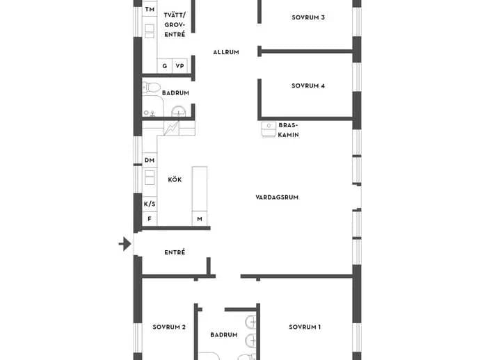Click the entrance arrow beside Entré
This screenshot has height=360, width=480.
125,244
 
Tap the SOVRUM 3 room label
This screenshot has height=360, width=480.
308,17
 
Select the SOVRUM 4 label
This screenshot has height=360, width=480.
308,85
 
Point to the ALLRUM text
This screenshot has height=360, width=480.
226,52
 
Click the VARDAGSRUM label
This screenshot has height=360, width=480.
277,197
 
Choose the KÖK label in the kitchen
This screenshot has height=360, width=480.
175,179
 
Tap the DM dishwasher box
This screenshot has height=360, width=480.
150,160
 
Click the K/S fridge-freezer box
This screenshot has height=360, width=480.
150,204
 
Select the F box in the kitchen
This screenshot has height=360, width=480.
150,219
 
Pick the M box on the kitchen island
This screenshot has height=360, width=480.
200,219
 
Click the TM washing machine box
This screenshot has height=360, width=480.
150,9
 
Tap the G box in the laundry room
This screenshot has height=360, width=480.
165,66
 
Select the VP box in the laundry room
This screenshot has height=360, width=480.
179,66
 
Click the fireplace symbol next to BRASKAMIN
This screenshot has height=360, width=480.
269,129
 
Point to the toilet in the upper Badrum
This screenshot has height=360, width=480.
151,88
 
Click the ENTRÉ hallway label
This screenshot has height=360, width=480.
175,252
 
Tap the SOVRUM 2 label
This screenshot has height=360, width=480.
169,327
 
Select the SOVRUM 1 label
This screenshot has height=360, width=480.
305,327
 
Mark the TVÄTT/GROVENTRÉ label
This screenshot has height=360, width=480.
175,25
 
